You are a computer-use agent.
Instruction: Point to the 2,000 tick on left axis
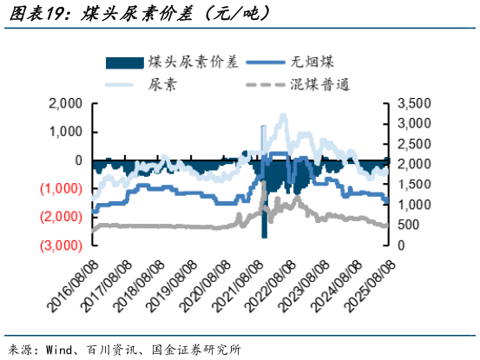pyautogui.click(x=65, y=103)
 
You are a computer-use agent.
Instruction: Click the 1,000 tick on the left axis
pyautogui.click(x=65, y=132)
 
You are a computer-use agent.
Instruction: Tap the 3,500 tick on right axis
pyautogui.click(x=412, y=103)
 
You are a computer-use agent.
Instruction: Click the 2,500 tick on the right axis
pyautogui.click(x=412, y=144)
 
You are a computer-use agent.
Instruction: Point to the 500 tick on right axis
pyautogui.click(x=408, y=226)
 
